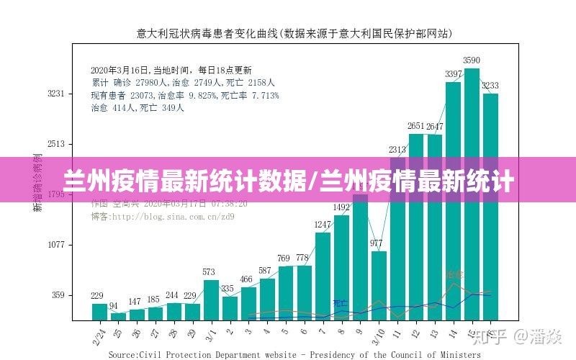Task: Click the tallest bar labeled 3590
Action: [472, 194]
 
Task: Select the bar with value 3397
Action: [453, 202]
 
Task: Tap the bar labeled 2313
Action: [397, 238]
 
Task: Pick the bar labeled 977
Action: [379, 285]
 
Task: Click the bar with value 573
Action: [210, 300]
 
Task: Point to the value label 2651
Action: [416, 127]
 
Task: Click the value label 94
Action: [114, 306]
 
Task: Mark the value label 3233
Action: [490, 86]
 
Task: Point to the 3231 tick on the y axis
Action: [56, 94]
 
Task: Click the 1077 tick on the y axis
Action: [56, 245]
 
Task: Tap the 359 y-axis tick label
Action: [58, 295]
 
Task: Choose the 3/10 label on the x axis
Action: [377, 335]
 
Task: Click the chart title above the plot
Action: [294, 32]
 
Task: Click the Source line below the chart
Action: [294, 354]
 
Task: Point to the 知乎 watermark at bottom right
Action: [497, 336]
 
